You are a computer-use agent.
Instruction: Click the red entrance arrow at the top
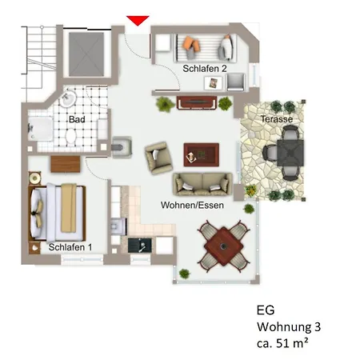tap(138, 19)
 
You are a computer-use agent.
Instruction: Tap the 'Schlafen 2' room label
tap(204, 69)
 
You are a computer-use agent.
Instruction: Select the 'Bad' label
tap(77, 119)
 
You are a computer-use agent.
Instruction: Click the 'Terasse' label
tap(276, 118)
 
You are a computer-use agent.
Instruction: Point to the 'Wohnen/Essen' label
tap(192, 206)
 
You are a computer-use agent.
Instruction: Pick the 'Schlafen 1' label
tap(70, 247)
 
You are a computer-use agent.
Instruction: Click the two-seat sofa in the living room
tap(202, 183)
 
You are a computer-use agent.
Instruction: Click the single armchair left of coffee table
tap(157, 154)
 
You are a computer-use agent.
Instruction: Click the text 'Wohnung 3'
tap(289, 326)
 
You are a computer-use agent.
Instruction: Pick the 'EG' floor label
tap(265, 310)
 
